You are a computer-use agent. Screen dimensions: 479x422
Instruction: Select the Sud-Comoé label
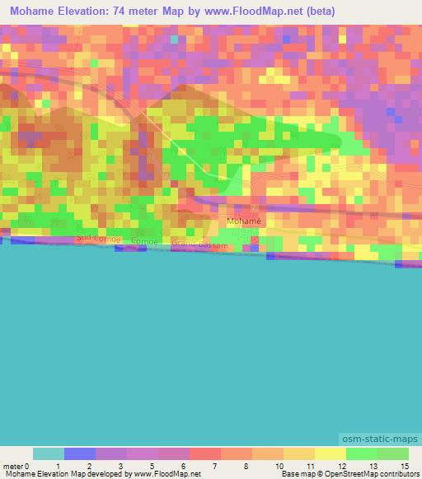click(99, 238)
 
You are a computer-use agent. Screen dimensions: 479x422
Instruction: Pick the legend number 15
click(404, 466)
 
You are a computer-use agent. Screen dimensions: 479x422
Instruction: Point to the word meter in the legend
click(13, 466)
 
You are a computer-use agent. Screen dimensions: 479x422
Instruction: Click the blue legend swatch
click(80, 453)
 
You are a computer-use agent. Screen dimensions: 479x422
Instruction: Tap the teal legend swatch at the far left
click(49, 453)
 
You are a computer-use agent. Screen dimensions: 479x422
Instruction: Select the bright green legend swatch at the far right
click(393, 453)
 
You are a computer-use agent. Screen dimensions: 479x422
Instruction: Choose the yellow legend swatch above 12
click(331, 453)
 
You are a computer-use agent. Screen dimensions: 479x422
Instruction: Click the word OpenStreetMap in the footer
click(351, 474)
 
